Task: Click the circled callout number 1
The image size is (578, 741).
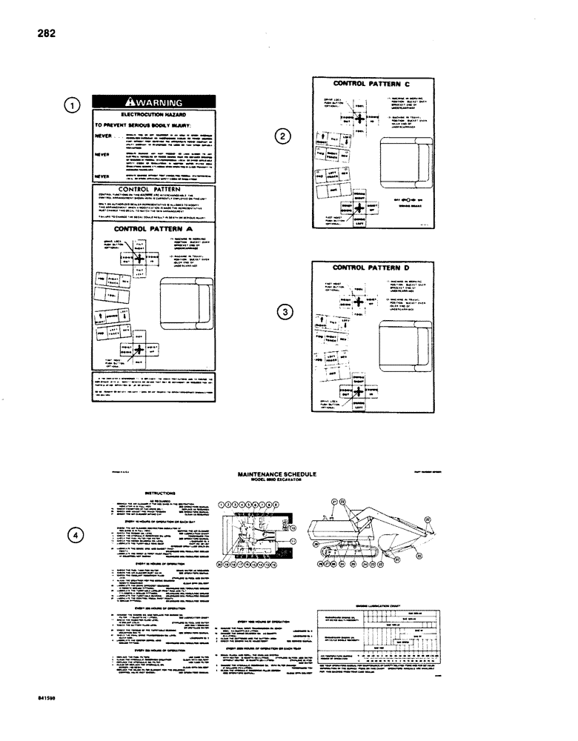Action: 72,105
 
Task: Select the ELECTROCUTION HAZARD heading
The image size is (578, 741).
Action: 153,116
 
